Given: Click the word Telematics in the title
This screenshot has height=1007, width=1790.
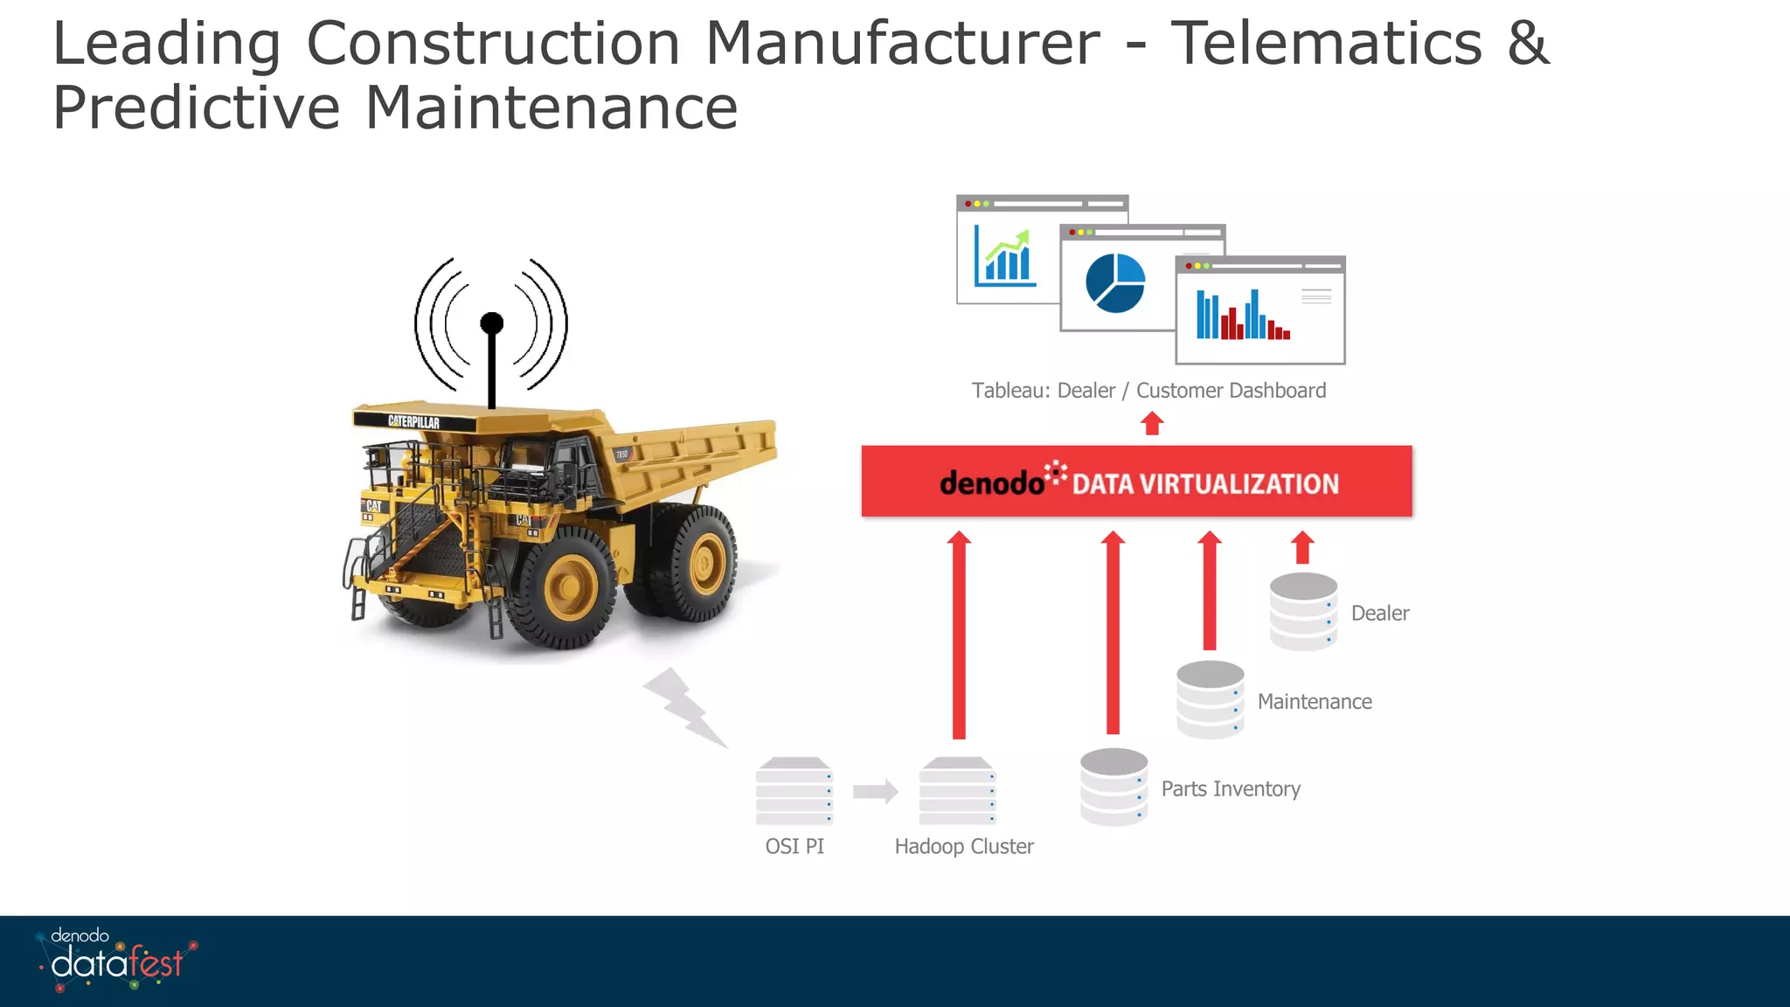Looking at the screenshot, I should tap(1326, 44).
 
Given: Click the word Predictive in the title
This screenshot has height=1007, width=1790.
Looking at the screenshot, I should tap(196, 108).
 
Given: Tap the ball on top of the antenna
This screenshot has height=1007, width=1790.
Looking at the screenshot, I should tap(492, 323).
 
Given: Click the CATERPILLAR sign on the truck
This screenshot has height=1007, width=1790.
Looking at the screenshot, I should tap(413, 421).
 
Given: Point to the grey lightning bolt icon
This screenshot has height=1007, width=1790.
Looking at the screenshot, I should tap(685, 708).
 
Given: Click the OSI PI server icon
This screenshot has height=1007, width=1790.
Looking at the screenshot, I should tap(794, 791).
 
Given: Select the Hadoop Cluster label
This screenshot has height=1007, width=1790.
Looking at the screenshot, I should tap(963, 846).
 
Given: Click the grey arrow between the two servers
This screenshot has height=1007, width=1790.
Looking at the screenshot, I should tap(875, 791).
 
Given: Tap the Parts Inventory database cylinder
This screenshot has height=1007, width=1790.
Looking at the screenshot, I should tap(1114, 787).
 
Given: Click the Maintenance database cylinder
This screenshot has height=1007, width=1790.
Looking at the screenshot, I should tap(1210, 699).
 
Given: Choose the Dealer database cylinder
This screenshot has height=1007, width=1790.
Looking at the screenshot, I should tap(1303, 611).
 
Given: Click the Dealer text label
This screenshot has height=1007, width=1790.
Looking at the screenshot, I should tap(1379, 613).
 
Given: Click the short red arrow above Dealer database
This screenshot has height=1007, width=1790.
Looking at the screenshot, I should tap(1302, 547).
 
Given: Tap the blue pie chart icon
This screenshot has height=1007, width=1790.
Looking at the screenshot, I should tap(1114, 283).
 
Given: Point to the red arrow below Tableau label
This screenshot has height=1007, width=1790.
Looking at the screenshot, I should tap(1152, 424).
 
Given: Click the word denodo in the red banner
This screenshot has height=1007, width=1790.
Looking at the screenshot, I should tap(991, 483).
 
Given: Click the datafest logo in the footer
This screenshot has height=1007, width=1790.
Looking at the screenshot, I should tap(116, 962).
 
